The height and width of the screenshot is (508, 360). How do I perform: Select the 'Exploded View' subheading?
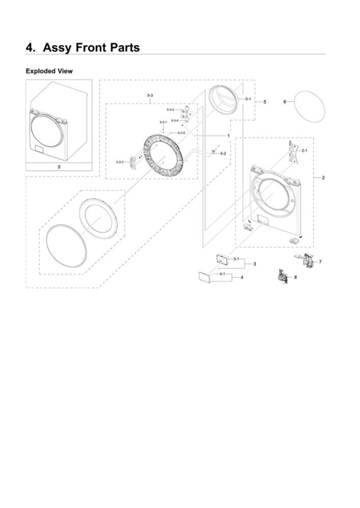click(x=49, y=71)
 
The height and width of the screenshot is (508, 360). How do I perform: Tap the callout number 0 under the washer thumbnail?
click(x=58, y=167)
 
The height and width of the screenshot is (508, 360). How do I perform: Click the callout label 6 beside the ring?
click(x=285, y=102)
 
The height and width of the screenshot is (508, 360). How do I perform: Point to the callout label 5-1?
click(x=248, y=99)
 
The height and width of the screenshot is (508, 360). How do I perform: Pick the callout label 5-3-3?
click(x=119, y=162)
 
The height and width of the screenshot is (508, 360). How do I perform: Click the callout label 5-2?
click(x=223, y=153)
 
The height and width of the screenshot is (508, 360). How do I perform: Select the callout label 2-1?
click(x=304, y=151)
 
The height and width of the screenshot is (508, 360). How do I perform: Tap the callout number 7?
click(x=320, y=261)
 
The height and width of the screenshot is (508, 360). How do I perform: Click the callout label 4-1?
click(x=222, y=274)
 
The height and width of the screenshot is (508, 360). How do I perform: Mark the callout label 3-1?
click(x=236, y=260)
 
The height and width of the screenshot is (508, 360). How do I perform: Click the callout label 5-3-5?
click(x=181, y=133)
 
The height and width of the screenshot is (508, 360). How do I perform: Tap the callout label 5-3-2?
click(x=170, y=110)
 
